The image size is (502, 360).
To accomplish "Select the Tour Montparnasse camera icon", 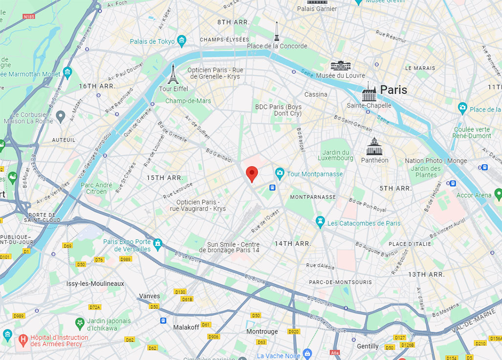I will point(280,173).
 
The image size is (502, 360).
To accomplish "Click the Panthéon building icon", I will point(374,146).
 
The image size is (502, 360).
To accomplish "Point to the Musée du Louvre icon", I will point(340,65).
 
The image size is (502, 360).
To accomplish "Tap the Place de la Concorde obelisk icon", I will point(277,32).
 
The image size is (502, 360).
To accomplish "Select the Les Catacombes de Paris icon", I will point(320,223).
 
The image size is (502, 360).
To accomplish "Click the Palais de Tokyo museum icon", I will point(182,41).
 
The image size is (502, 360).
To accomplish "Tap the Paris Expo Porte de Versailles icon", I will point(157,243).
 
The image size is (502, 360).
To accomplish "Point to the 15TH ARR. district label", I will point(165,178).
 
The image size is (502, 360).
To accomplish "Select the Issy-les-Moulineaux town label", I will point(95,283).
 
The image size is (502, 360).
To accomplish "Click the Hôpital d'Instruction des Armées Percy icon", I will point(22,339).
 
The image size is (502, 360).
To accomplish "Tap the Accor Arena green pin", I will point(498,194).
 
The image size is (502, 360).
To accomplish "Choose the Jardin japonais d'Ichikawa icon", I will point(79,323).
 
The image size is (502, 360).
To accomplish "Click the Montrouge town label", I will point(262,332).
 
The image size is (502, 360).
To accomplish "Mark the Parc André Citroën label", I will point(97,189).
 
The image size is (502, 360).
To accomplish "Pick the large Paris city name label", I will point(393,90).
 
